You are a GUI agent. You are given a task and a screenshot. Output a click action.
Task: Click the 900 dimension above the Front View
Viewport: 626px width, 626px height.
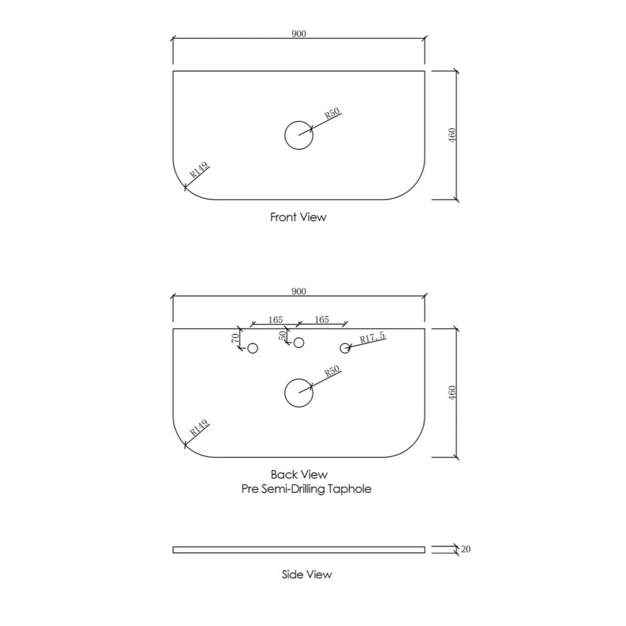click(298, 34)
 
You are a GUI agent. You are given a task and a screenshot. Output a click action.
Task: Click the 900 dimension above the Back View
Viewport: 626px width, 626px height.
click(298, 292)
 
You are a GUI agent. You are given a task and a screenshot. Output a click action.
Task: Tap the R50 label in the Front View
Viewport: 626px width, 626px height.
click(332, 113)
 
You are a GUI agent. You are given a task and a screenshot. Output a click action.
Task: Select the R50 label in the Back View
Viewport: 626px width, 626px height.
click(332, 371)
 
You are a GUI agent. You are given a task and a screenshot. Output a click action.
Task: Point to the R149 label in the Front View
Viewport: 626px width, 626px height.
click(199, 170)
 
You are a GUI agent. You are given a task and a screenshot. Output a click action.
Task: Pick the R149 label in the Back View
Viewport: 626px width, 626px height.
click(199, 427)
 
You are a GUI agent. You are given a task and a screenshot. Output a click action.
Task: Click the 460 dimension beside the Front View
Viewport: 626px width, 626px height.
click(452, 135)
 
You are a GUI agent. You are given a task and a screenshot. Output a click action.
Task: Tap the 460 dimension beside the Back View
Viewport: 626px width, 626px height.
click(452, 393)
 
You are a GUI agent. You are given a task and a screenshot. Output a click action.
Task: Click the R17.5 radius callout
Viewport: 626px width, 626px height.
click(372, 337)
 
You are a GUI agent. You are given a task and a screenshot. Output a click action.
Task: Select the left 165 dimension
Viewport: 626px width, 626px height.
click(276, 320)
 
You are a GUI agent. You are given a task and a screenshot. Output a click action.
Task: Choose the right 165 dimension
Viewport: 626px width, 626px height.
click(322, 319)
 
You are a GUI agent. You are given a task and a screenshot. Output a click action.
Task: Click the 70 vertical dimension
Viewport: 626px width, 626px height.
click(235, 337)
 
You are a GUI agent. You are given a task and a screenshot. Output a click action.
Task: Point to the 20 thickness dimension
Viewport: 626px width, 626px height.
click(465, 550)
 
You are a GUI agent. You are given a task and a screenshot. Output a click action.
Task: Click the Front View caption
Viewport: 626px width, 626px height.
click(298, 217)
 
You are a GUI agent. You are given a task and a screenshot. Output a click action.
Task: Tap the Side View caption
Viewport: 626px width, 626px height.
click(307, 575)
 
